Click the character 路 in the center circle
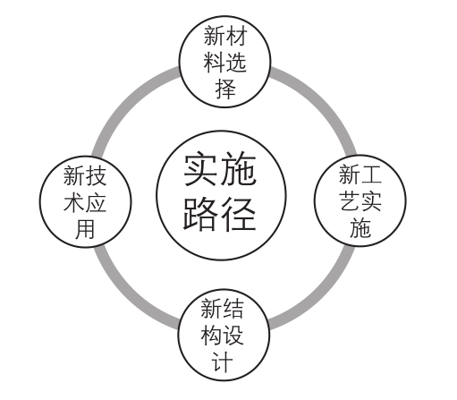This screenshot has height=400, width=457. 200,214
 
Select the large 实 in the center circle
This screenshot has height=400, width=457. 200,169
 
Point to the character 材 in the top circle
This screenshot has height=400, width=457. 236,36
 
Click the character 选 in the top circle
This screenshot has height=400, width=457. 236,63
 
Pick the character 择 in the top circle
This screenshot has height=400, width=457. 225,89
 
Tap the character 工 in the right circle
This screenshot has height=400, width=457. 371,174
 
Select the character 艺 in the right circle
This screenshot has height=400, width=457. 350,201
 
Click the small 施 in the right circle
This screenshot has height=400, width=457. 360,228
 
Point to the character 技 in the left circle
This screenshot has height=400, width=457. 96,175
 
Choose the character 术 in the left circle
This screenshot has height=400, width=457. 74,202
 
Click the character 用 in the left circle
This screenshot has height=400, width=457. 85,229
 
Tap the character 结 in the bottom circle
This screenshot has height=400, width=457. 233,309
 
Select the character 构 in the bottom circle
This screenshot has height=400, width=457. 212,336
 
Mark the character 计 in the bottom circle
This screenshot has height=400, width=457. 223,362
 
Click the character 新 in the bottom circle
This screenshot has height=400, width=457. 212,309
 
